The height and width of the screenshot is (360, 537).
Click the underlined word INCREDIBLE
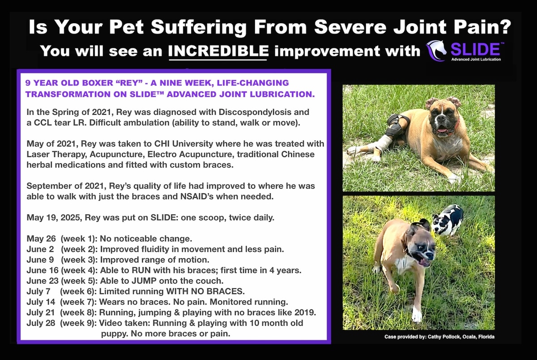pyautogui.click(x=218, y=51)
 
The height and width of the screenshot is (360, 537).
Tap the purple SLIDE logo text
pyautogui.click(x=475, y=49)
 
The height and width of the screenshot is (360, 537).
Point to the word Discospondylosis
pyautogui.click(x=256, y=112)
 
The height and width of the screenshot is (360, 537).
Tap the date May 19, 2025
pyautogui.click(x=55, y=217)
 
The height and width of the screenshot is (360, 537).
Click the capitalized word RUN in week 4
pyautogui.click(x=141, y=270)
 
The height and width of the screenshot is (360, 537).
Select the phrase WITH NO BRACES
pyautogui.click(x=205, y=291)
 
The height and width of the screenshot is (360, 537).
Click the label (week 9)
pyautogui.click(x=78, y=323)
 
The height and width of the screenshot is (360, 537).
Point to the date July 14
pyautogui.click(x=41, y=302)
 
